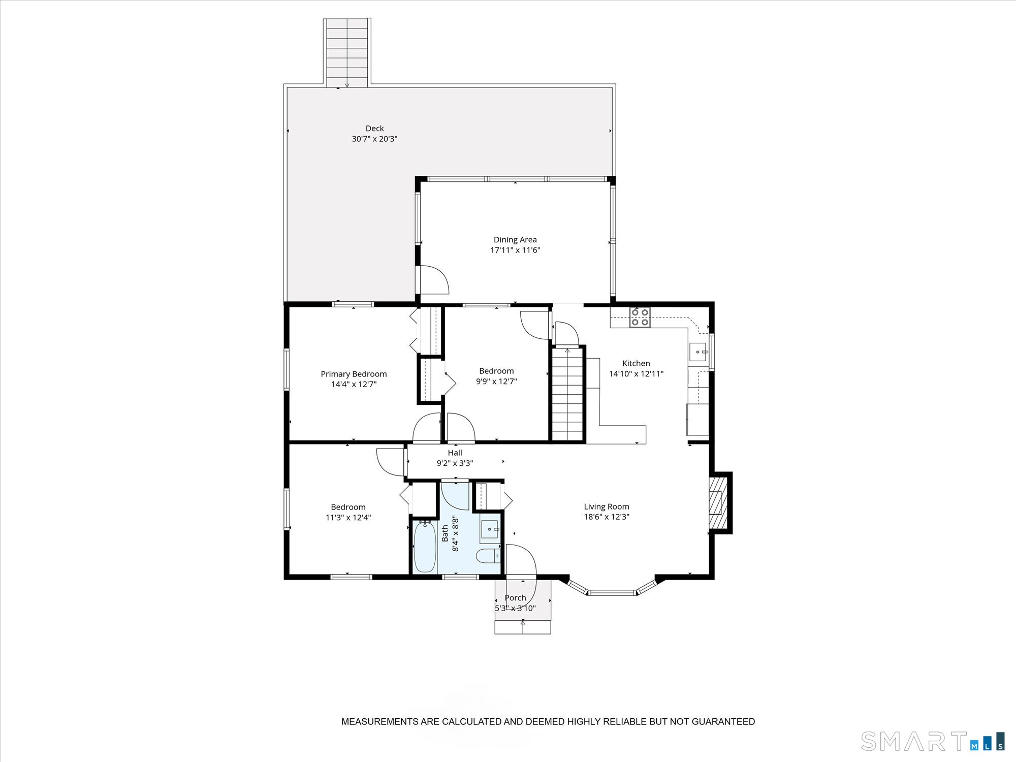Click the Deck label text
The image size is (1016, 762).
[375, 129]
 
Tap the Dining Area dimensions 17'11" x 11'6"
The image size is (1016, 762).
[515, 250]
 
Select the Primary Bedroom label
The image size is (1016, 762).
[354, 374]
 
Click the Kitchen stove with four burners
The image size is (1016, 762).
[640, 317]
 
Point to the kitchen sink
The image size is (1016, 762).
[698, 352]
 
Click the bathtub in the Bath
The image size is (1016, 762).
[425, 547]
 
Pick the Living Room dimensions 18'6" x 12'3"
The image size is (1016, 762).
[607, 517]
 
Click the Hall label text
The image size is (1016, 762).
[455, 453]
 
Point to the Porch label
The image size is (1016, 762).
[515, 598]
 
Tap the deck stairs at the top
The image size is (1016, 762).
[347, 53]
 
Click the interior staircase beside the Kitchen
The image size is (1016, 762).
[567, 394]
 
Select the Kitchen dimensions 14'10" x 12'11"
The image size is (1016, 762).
[636, 374]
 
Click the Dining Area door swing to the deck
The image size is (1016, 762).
[433, 279]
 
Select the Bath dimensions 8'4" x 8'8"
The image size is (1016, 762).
[451, 534]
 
